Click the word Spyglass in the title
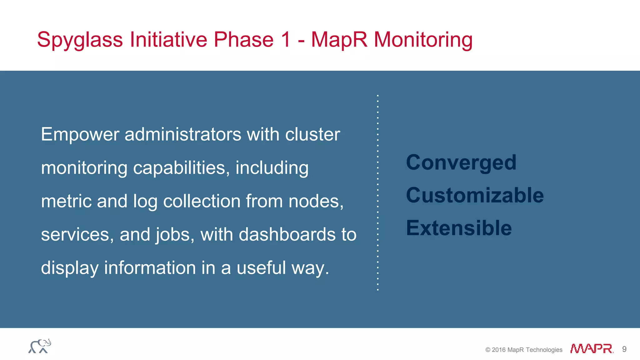(80, 40)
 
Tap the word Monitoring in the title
(423, 40)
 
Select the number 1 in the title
(286, 39)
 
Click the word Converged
(461, 163)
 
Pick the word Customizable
(475, 195)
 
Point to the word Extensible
(459, 228)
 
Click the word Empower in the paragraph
(80, 135)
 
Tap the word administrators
(183, 135)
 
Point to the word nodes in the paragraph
(316, 202)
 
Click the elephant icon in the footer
(40, 346)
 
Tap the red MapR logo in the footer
(592, 349)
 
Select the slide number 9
(624, 349)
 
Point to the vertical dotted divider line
(378, 192)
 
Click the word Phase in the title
(244, 40)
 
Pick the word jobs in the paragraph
(175, 235)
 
